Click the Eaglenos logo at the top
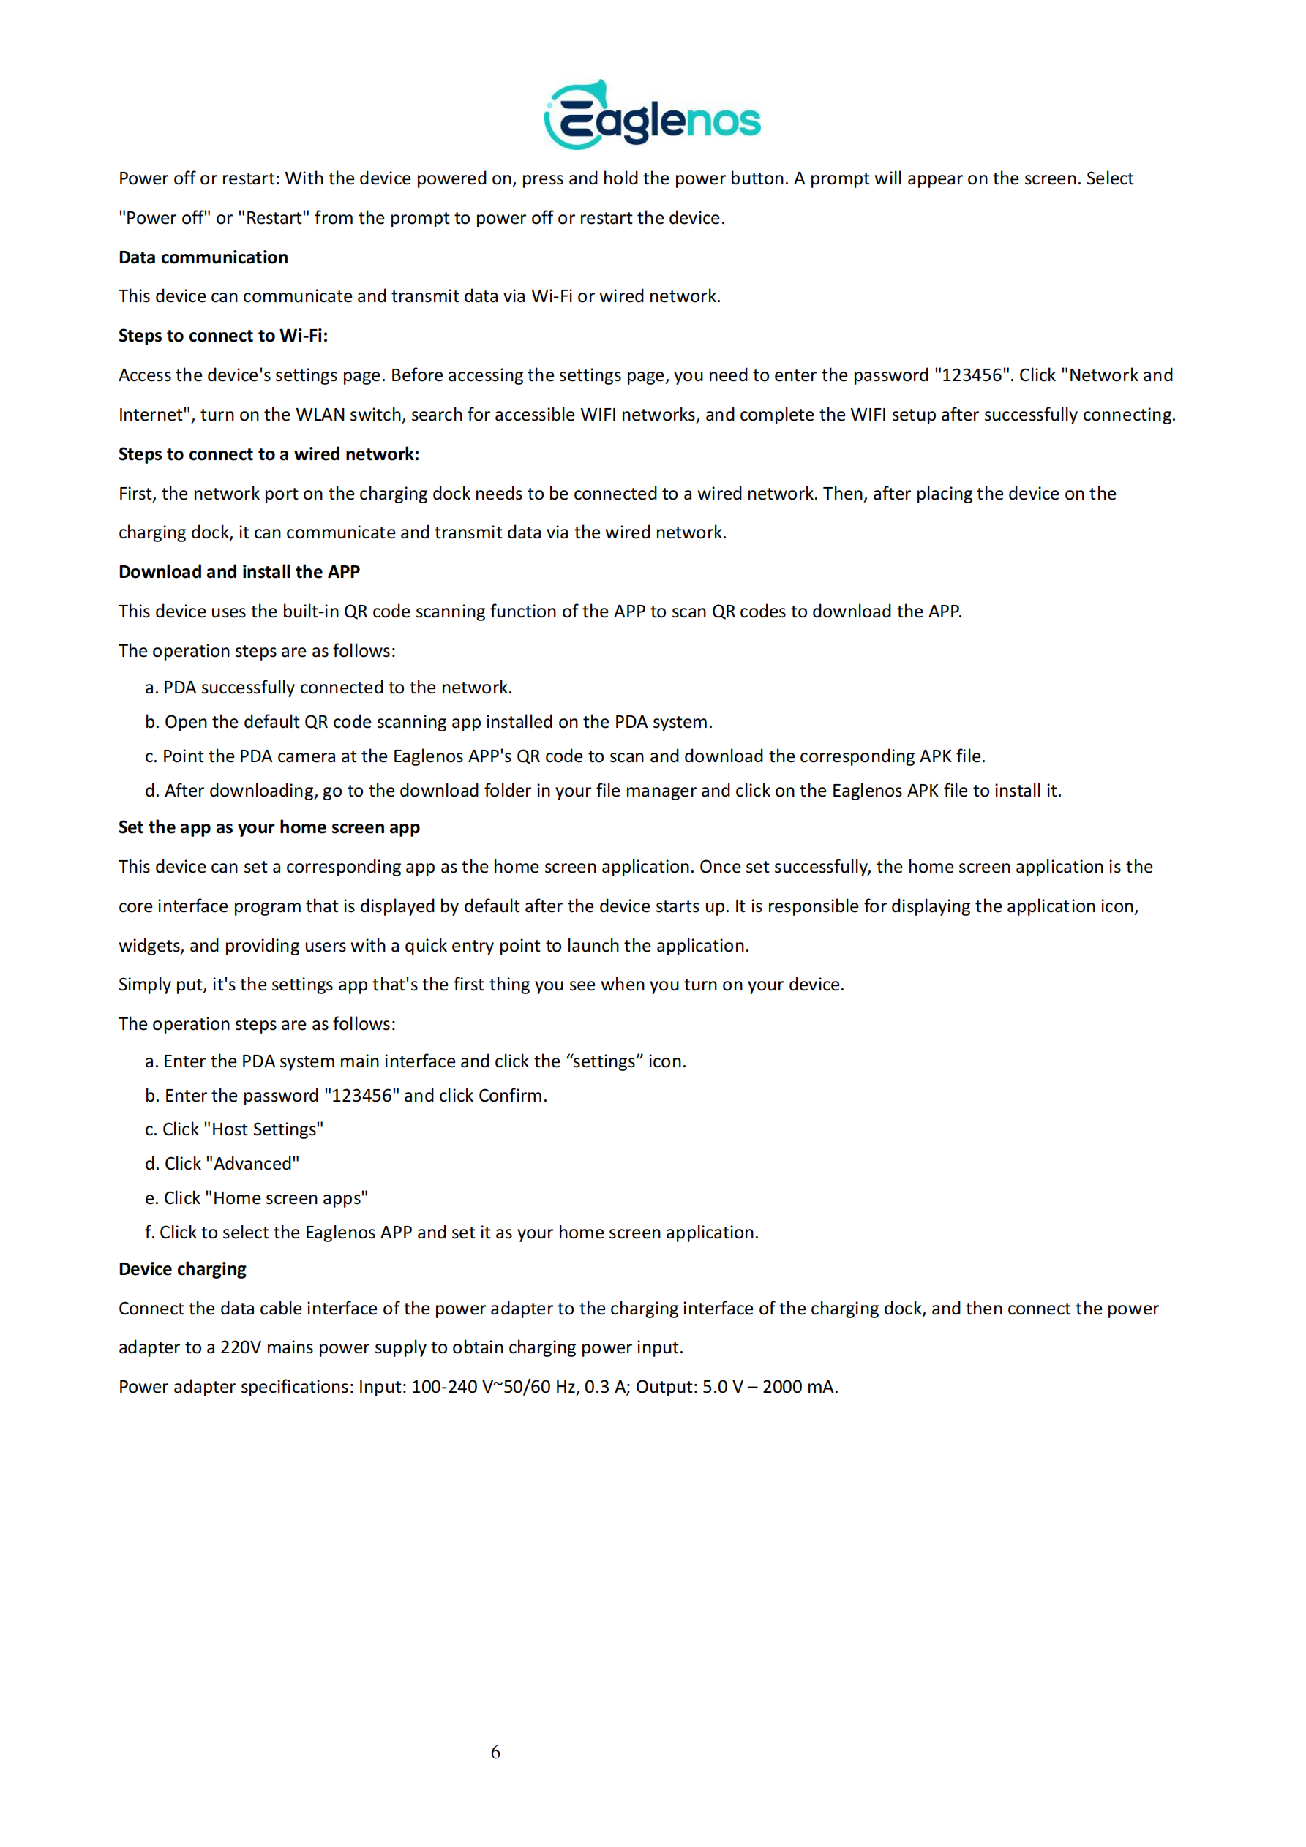pos(652,116)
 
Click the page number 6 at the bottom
pos(495,1752)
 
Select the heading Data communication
pos(203,257)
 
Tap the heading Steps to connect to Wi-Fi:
pos(223,336)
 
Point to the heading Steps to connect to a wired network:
pos(269,454)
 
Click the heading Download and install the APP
pos(239,572)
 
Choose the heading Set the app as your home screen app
pos(269,828)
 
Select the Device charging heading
pos(182,1269)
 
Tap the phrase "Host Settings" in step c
pos(264,1130)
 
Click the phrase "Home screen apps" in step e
pos(287,1199)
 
